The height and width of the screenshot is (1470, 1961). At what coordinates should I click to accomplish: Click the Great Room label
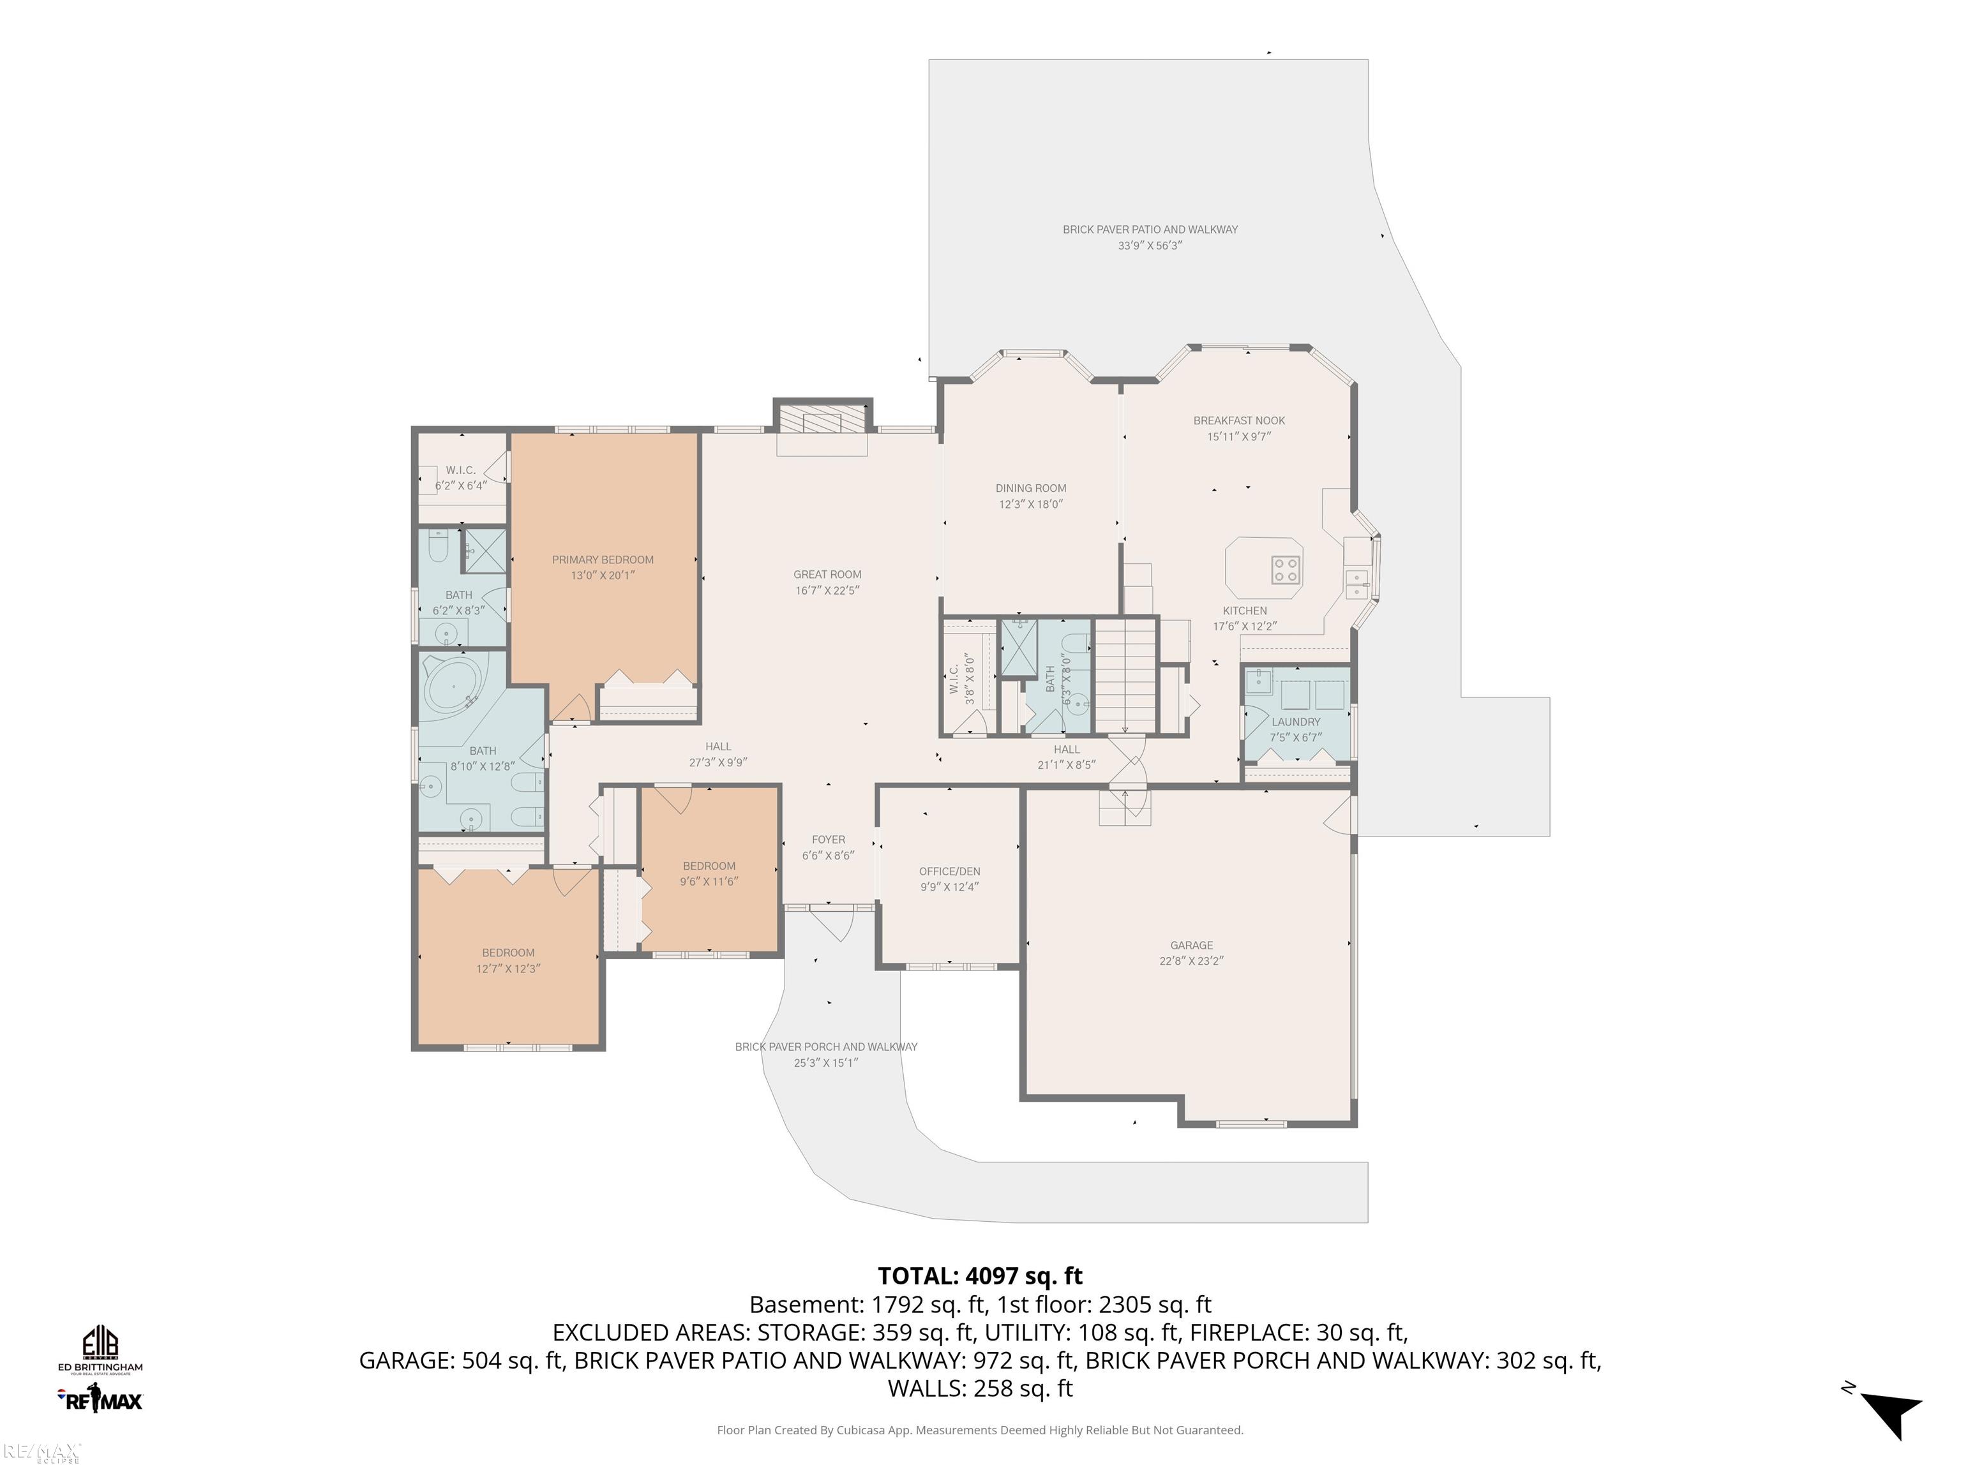pyautogui.click(x=827, y=574)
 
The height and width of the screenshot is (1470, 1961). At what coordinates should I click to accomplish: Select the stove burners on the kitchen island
pyautogui.click(x=1286, y=569)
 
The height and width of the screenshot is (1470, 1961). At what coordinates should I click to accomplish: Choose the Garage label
pyautogui.click(x=1191, y=946)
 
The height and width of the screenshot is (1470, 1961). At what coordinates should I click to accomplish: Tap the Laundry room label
pyautogui.click(x=1295, y=722)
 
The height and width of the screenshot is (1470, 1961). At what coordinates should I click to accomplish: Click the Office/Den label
pyautogui.click(x=949, y=871)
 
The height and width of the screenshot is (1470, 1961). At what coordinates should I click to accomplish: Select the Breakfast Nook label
pyautogui.click(x=1238, y=421)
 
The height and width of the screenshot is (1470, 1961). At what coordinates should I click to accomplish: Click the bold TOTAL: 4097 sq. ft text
pyautogui.click(x=980, y=1276)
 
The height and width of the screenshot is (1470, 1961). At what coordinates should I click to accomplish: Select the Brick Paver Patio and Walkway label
pyautogui.click(x=1150, y=230)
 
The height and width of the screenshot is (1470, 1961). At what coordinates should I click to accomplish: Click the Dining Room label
pyautogui.click(x=1030, y=488)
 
